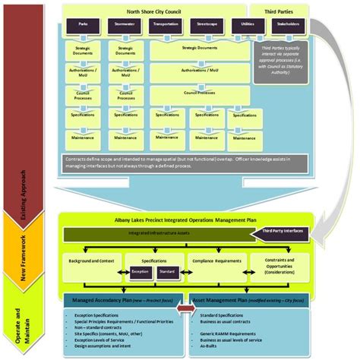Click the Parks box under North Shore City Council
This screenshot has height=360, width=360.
[x=84, y=25]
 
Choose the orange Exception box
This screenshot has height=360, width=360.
[x=139, y=270]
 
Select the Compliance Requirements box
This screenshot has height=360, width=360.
[x=223, y=260]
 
